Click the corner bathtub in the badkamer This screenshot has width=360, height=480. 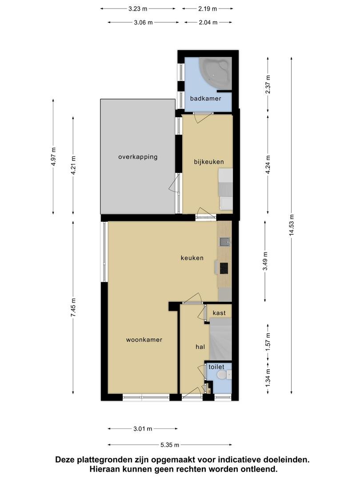215,73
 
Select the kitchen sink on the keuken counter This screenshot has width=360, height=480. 225,242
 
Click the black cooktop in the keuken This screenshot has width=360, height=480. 224,269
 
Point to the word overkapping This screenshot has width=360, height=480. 138,157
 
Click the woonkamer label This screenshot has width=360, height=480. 144,340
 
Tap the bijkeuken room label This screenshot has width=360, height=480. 209,162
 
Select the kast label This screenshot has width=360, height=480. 219,313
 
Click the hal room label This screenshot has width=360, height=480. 200,347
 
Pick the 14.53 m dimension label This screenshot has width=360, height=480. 292,225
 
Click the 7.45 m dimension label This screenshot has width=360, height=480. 73,307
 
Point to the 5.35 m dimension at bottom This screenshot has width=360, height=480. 170,445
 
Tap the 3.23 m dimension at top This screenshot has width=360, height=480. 138,9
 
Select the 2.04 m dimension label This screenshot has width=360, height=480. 208,22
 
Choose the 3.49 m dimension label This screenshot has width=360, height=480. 265,261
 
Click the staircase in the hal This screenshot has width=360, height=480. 220,339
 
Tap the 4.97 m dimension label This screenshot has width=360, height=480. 54,156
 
